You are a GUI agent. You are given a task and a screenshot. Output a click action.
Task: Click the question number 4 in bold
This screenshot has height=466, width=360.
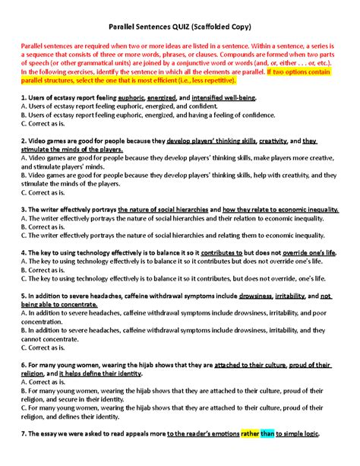pos(24,252)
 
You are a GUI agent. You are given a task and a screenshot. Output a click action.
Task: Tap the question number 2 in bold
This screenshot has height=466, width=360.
pos(24,141)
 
